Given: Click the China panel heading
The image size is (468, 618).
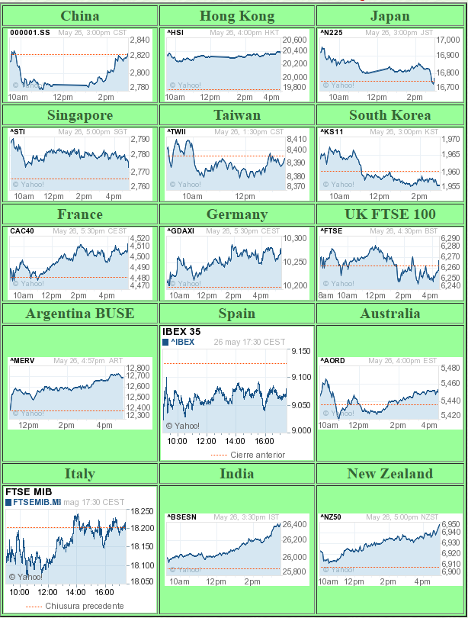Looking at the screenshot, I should coord(79,16).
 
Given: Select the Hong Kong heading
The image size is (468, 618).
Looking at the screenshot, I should coord(236,16).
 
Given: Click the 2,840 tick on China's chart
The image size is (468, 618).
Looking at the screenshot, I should coord(139,40).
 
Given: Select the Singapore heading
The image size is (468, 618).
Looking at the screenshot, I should coord(79,115).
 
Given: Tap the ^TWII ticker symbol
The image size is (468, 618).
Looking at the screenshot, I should coord(177,131).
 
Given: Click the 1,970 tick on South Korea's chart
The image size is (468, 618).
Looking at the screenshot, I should coord(450,139).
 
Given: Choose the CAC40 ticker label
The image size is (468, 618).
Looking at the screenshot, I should coord(21,230).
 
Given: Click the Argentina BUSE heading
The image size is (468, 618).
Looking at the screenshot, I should coord(79,314).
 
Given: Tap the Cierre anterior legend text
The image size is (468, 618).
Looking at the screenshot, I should coord(258,455).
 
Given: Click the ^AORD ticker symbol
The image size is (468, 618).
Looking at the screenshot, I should coord(333,360).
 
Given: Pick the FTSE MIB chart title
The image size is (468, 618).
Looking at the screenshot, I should coord(27,492).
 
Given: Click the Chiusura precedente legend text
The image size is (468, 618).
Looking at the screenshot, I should coord(84,606).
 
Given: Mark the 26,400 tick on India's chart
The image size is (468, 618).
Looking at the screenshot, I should coord(294,524).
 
